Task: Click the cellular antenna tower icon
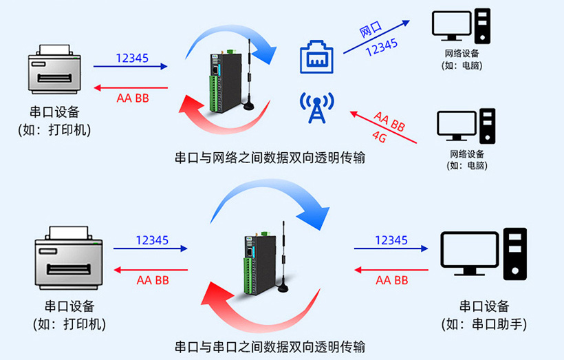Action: (x=316, y=108)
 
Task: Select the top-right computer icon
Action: (x=462, y=27)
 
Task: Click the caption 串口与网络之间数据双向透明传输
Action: (x=270, y=158)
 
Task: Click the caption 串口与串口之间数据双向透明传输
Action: (x=270, y=346)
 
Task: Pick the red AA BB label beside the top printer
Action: (x=133, y=98)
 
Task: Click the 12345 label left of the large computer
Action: (x=391, y=240)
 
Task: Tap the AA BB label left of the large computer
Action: (x=391, y=280)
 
